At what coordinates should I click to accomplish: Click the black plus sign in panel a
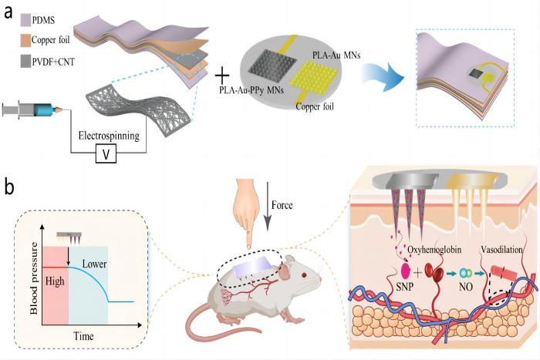221,76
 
